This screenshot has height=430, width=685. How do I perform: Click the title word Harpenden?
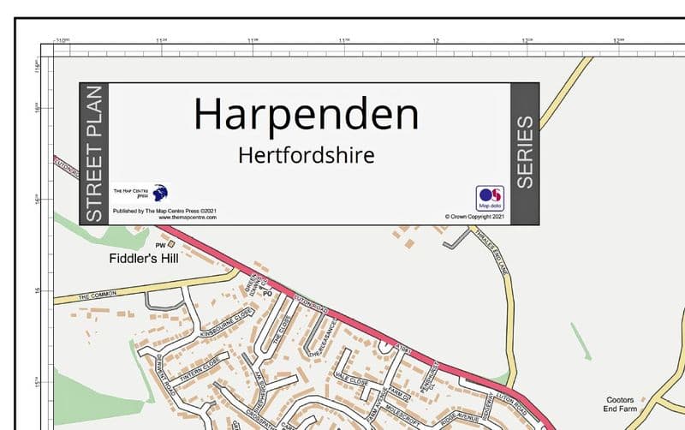coord(306,115)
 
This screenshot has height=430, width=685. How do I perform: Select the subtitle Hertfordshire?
coord(307,156)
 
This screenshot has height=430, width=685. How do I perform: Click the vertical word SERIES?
coord(524,152)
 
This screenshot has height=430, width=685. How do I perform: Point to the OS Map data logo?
coord(490,197)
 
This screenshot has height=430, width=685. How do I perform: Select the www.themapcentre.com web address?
coord(188,218)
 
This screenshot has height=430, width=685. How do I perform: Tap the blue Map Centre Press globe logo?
coord(160,194)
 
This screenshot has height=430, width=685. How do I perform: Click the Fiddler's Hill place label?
coord(144,258)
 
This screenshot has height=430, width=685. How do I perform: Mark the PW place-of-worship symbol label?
coord(159,245)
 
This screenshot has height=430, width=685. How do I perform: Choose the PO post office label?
coord(266,293)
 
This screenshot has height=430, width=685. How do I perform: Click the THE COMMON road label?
coord(96,296)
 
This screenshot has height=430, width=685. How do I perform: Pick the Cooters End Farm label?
coord(621,404)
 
